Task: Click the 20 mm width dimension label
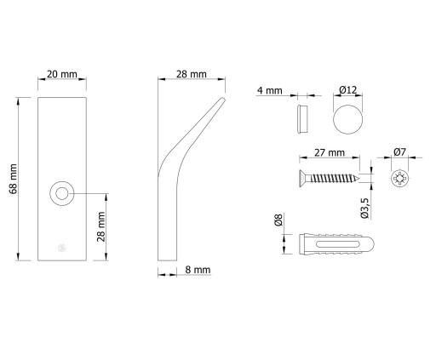click(x=62, y=74)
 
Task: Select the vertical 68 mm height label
click(x=13, y=179)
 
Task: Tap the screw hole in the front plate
click(x=62, y=193)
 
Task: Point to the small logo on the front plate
click(x=62, y=248)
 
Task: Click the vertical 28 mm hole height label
click(x=101, y=226)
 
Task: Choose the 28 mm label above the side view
click(x=192, y=74)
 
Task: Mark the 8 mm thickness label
click(x=198, y=270)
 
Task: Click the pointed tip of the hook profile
click(x=223, y=99)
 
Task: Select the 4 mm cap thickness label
click(x=270, y=91)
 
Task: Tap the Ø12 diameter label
click(x=347, y=90)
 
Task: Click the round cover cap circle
click(x=348, y=119)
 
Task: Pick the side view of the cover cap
click(x=302, y=119)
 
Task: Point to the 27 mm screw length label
click(x=330, y=153)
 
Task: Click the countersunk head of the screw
click(x=305, y=179)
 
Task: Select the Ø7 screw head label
click(x=399, y=152)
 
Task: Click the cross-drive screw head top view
click(x=400, y=179)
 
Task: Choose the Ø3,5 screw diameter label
click(x=364, y=208)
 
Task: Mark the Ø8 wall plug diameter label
click(x=278, y=220)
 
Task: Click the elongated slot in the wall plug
click(x=337, y=244)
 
